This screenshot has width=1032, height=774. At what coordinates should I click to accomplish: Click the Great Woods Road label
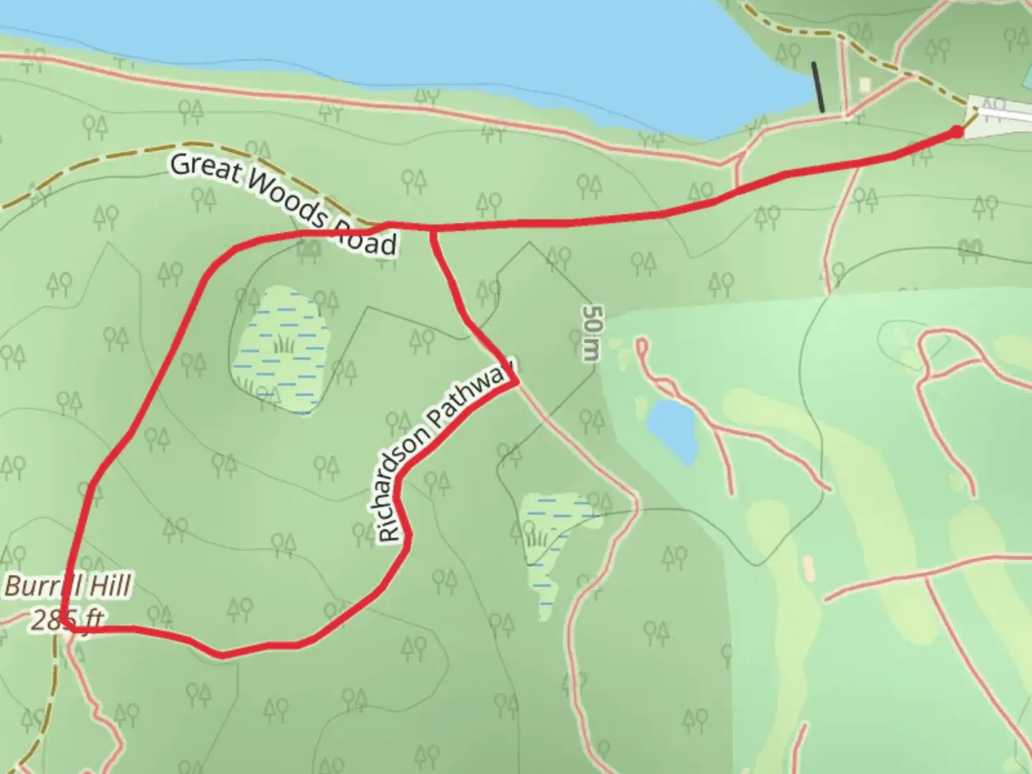click(283, 204)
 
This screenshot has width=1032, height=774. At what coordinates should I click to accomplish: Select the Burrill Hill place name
click(68, 586)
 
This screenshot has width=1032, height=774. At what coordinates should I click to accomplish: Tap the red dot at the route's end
click(957, 131)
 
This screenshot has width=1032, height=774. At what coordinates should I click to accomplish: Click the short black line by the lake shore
click(818, 87)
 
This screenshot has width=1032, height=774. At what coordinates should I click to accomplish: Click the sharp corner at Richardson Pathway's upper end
click(516, 383)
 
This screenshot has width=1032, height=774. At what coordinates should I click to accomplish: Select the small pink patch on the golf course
click(809, 568)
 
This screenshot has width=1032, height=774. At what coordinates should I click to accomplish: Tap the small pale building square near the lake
click(865, 85)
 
